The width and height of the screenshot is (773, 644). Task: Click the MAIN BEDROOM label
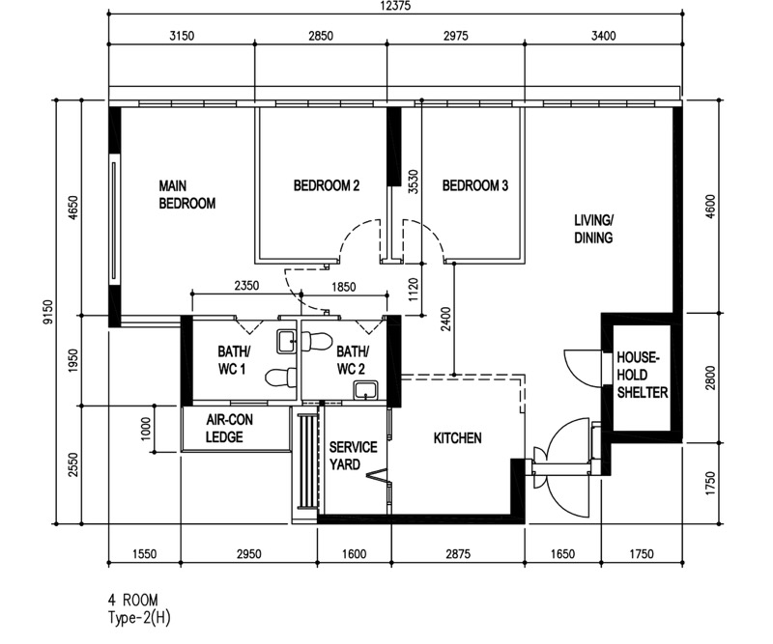(186, 195)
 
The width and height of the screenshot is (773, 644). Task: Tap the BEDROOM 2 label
(327, 185)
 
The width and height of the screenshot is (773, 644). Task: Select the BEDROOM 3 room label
(474, 185)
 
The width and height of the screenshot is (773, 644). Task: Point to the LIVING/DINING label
(593, 229)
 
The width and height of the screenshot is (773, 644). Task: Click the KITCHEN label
(457, 438)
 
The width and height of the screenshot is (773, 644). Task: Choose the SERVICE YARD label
(353, 456)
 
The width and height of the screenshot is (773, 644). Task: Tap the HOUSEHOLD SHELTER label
(643, 375)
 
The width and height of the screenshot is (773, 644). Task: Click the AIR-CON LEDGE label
(229, 428)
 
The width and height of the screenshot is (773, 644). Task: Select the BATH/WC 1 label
(234, 360)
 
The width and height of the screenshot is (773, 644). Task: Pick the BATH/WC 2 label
(352, 360)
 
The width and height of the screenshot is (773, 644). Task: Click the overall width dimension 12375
(395, 6)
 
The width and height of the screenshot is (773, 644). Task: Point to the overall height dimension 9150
(47, 312)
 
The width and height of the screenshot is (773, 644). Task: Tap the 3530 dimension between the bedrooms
(414, 182)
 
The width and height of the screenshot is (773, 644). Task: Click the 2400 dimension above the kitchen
(446, 319)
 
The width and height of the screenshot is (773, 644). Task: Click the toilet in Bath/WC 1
(279, 378)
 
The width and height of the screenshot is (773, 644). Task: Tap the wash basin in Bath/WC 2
(365, 389)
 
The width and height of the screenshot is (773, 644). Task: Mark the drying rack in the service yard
(306, 461)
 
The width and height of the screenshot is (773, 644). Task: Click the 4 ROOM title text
(133, 601)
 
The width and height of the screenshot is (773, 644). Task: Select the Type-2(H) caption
(139, 618)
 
